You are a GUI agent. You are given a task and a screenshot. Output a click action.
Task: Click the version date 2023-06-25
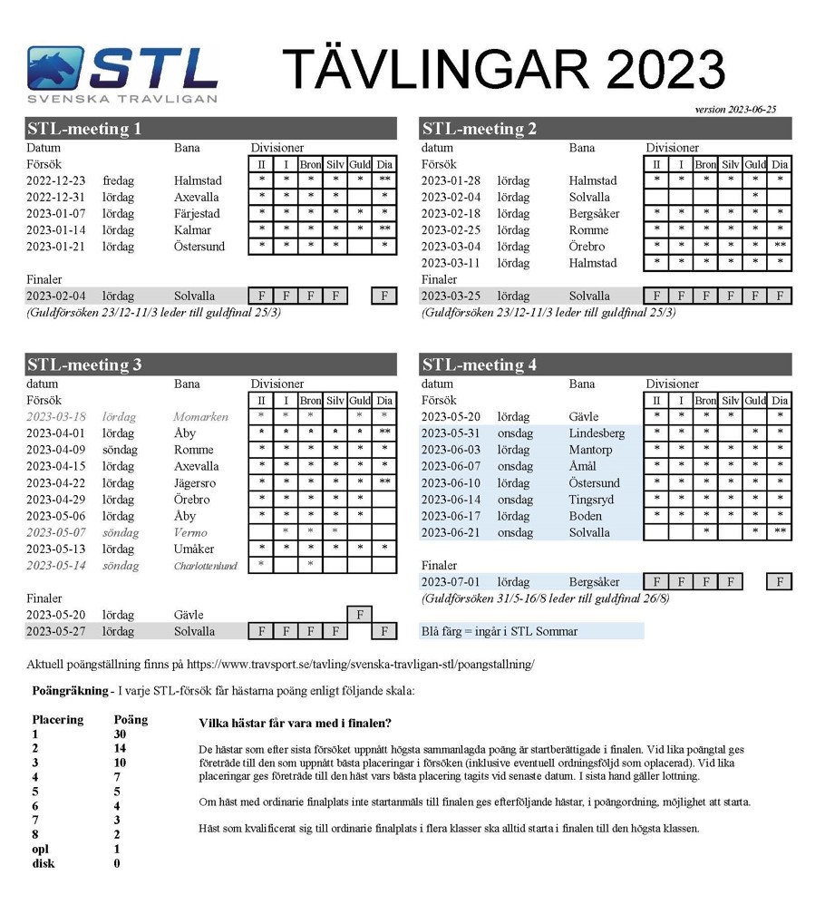click(735, 110)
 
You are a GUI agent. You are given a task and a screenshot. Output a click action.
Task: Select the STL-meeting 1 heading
click(84, 129)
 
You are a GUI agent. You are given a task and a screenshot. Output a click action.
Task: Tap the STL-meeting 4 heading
click(480, 365)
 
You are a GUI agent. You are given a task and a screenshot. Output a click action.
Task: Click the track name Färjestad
click(199, 213)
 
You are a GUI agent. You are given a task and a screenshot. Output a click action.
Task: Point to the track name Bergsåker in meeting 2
click(595, 213)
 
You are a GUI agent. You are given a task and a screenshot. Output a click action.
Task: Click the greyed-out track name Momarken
click(201, 417)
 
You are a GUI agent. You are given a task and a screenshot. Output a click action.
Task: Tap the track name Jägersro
click(199, 482)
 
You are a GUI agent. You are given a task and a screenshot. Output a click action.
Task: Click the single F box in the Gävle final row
click(360, 615)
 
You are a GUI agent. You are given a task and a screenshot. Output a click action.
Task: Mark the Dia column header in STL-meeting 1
click(385, 164)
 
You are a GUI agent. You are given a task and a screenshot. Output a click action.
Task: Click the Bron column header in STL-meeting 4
click(705, 401)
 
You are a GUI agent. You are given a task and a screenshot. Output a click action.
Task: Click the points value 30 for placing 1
click(121, 734)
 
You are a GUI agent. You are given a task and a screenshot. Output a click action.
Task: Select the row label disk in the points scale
click(44, 863)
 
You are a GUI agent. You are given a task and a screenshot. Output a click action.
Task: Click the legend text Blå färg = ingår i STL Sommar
click(500, 631)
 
